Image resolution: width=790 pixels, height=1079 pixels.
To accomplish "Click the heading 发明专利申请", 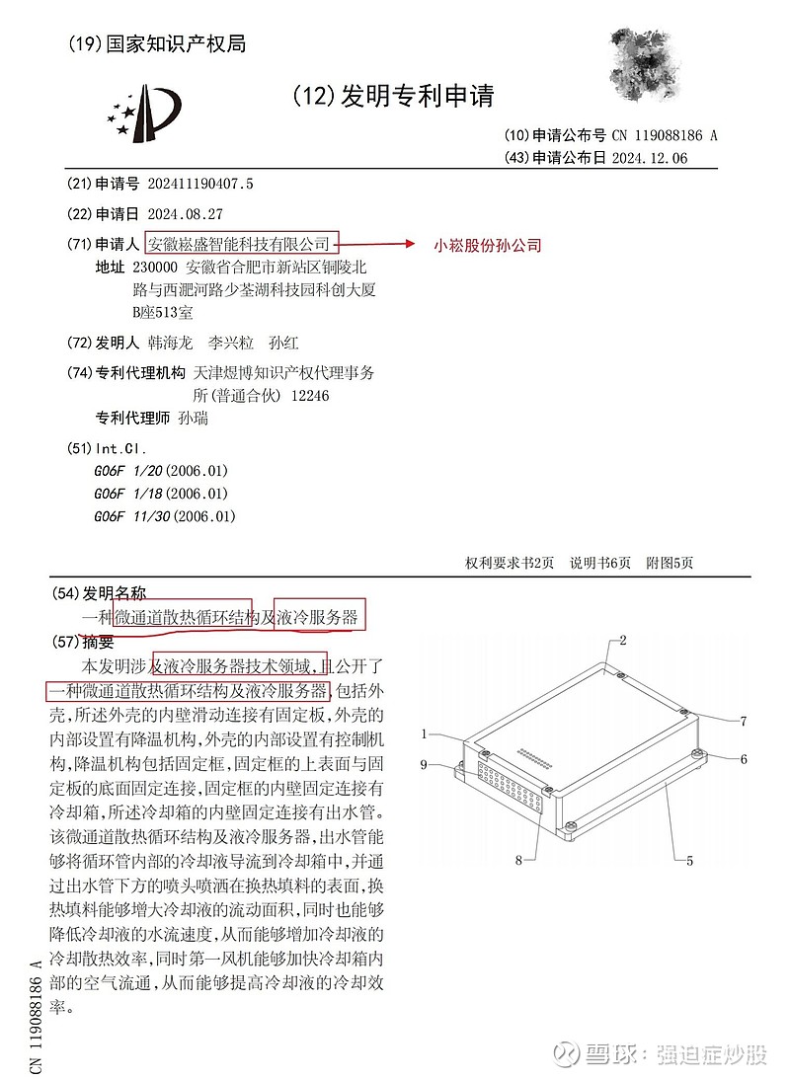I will coord(415,96).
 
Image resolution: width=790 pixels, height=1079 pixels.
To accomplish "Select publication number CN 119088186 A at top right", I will coord(664,136).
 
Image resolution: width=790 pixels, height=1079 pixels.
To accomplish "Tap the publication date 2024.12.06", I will coord(649,158).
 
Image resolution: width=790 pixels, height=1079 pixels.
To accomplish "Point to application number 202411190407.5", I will coord(199,184).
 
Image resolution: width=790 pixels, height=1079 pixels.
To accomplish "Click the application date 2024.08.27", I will coord(184,213).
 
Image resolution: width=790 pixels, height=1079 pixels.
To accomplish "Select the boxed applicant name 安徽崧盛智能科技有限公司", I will coord(241,243).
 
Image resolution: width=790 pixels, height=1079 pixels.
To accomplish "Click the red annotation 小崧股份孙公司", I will coord(488,245).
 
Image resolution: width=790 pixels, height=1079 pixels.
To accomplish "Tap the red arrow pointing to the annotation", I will coord(379,243).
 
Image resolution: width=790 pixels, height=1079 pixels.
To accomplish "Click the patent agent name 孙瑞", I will coord(194,418).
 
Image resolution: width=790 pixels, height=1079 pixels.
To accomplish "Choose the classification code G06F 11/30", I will coord(165,516).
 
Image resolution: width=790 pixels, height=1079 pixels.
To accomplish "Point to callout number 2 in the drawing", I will coord(623,640).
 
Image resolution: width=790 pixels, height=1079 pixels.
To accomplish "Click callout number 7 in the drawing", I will coord(745,721).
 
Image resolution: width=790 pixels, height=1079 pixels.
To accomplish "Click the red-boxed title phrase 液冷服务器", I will coord(320,617).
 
